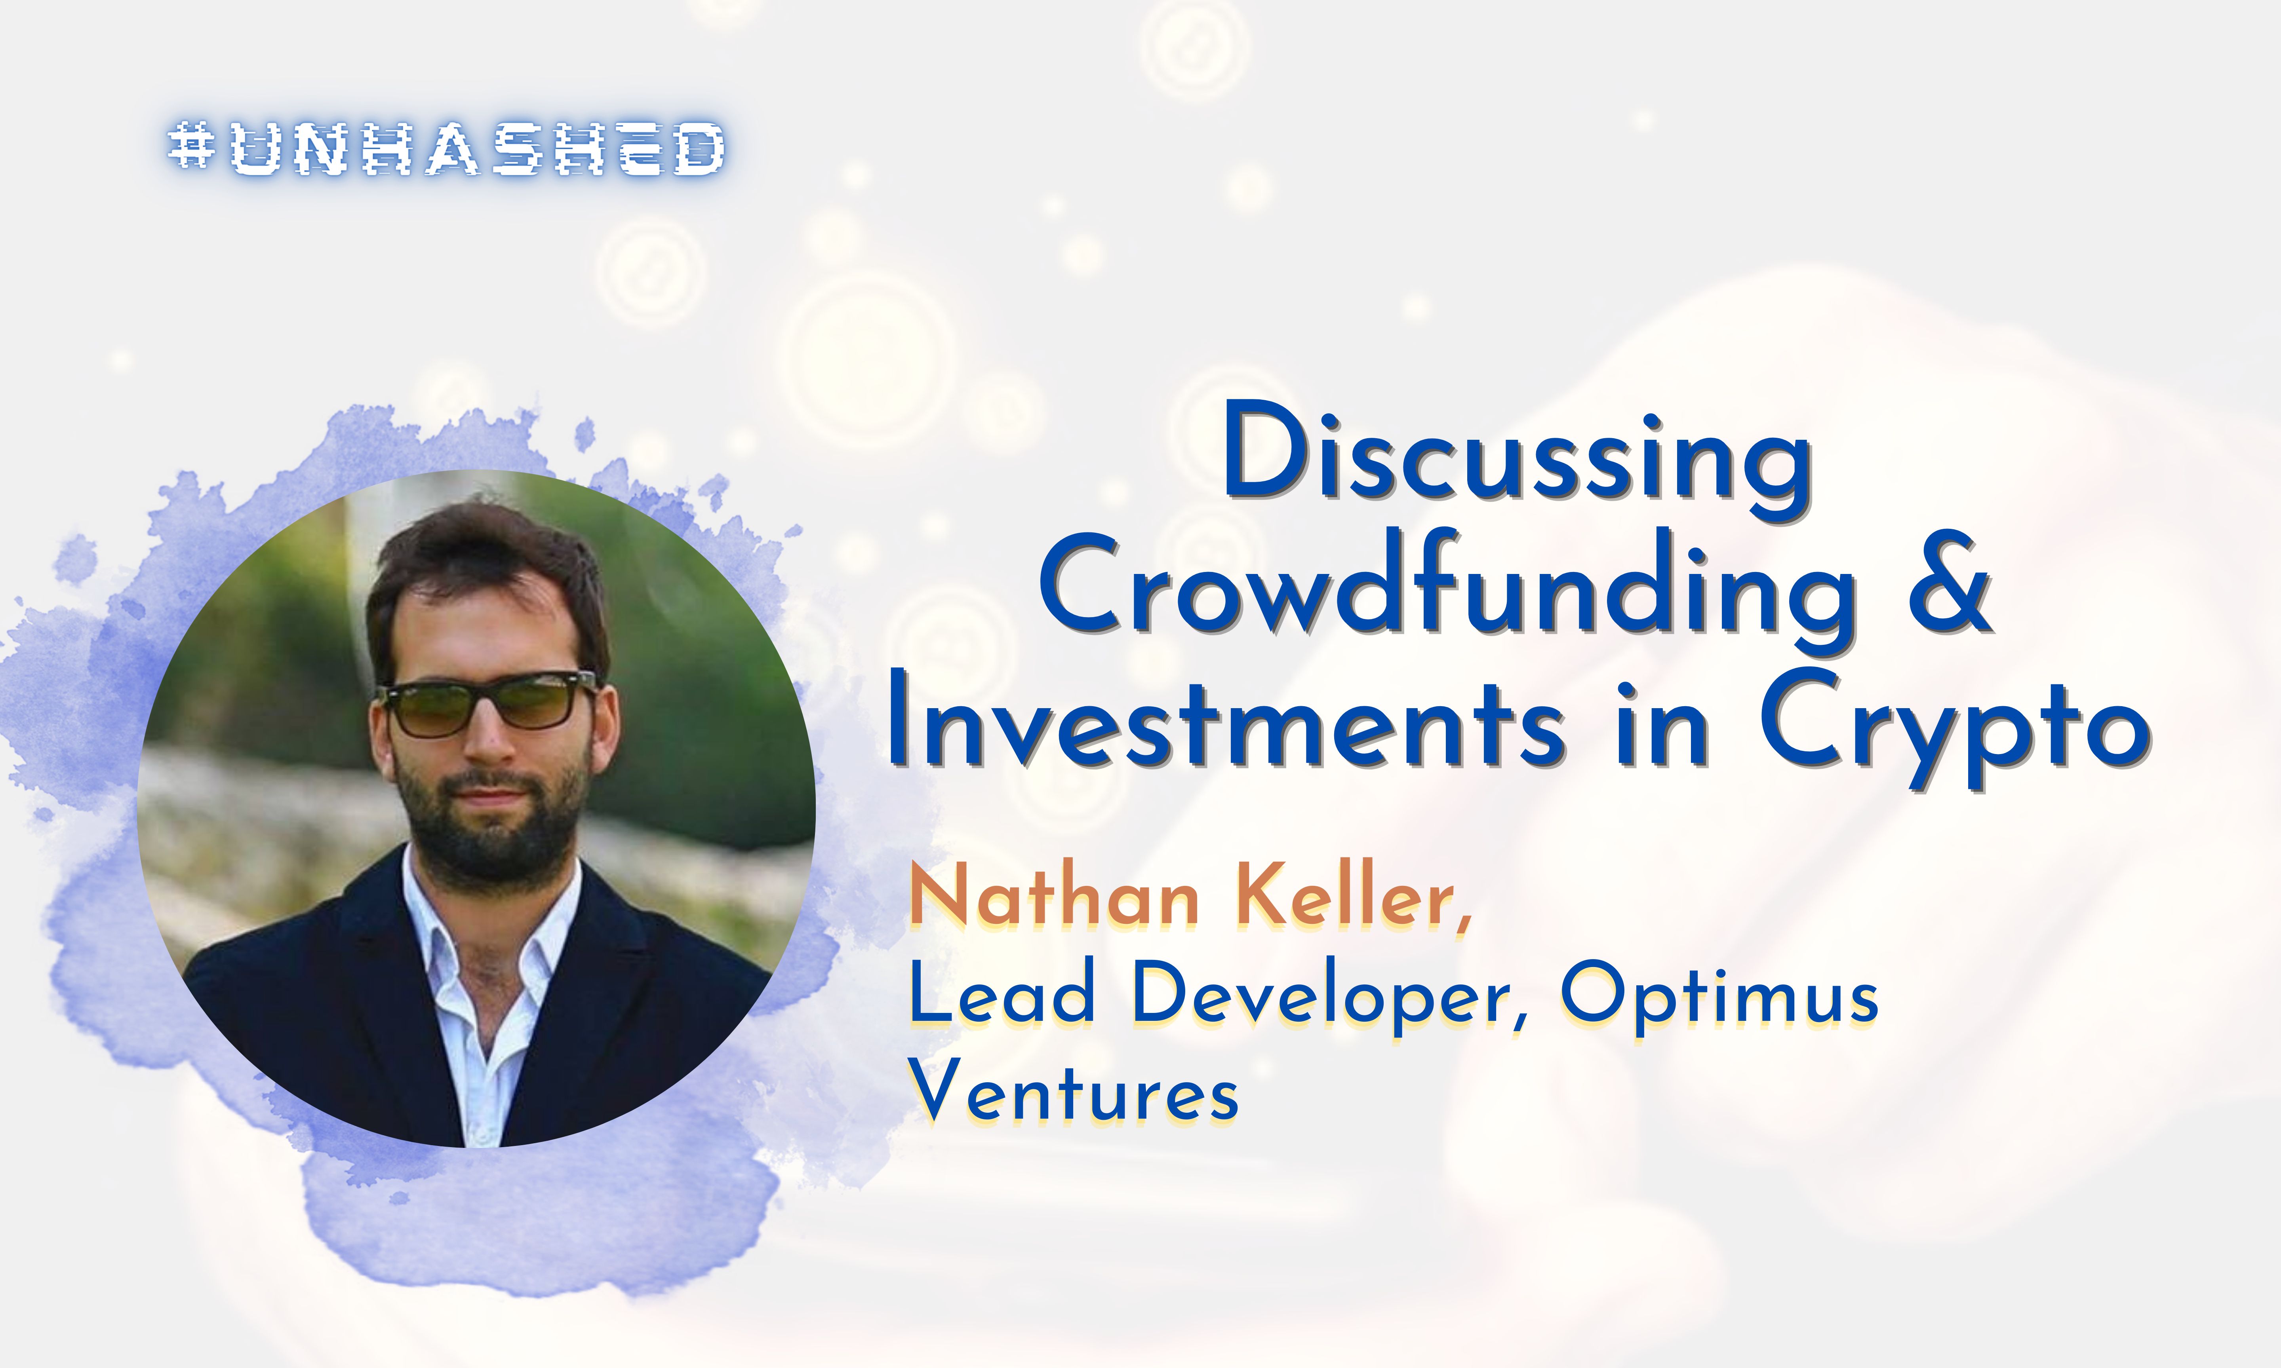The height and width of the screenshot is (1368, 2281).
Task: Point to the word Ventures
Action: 1074,1094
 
